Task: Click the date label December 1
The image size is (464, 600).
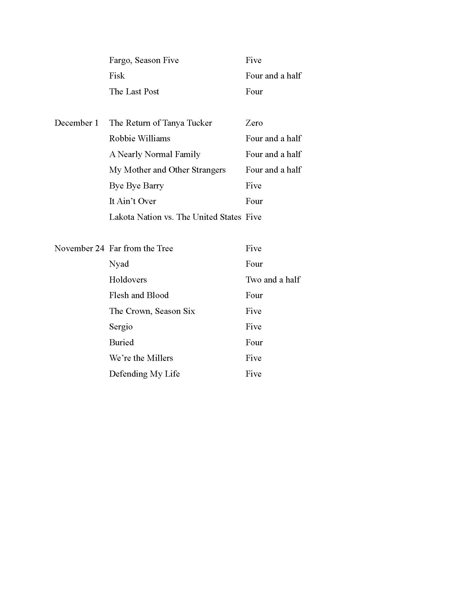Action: [76, 123]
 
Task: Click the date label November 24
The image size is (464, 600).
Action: [79, 248]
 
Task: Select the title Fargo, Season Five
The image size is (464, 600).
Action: [144, 60]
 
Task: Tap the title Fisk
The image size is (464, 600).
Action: [117, 76]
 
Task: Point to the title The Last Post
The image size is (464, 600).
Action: [134, 91]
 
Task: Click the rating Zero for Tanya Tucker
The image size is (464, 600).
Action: [254, 123]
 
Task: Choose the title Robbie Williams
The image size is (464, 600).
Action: [140, 139]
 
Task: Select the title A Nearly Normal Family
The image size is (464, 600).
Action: [154, 154]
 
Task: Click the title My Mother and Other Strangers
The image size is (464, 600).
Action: [167, 170]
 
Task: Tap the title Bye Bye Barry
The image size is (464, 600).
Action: [136, 186]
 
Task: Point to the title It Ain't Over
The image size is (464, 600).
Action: [132, 201]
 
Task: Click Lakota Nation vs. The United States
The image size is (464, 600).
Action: [175, 217]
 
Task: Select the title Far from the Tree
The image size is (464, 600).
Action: [141, 248]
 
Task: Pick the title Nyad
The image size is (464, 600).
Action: [119, 264]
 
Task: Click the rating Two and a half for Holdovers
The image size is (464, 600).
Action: [273, 280]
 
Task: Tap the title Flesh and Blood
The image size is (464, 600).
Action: [139, 295]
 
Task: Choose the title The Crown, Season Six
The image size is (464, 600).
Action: [152, 311]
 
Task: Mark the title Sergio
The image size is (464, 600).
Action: [121, 327]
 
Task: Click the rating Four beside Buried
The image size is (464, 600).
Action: [254, 342]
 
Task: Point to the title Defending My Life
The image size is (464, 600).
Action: [144, 374]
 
